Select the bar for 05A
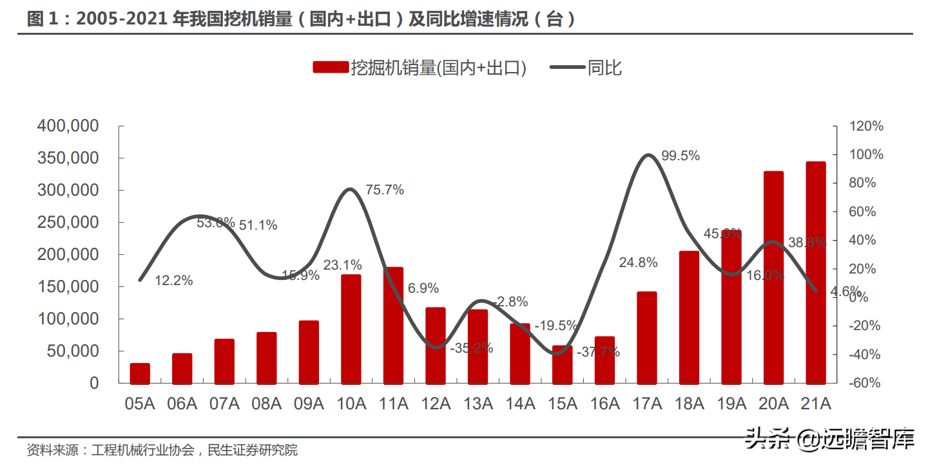[x=140, y=373]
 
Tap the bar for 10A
[x=351, y=328]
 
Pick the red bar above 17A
[x=646, y=337]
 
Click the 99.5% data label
[x=681, y=156]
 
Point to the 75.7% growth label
[x=385, y=190]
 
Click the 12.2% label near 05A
[x=174, y=281]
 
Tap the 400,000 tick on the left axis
[x=68, y=126]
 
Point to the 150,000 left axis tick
[x=68, y=286]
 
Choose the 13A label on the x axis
[x=478, y=404]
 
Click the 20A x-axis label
[x=773, y=404]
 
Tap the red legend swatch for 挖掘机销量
[x=331, y=67]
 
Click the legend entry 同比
[x=604, y=67]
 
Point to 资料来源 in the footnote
[x=50, y=449]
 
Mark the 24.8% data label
[x=638, y=263]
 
